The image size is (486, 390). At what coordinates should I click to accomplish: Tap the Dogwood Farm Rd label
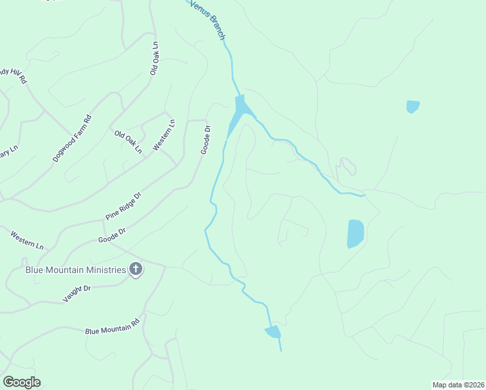tap(72, 138)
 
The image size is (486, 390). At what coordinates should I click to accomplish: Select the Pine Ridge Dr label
tap(123, 205)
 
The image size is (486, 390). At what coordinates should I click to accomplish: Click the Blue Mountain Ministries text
tap(75, 270)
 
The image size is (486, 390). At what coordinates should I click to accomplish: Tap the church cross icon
tap(136, 269)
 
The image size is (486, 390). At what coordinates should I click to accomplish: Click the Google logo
tap(21, 382)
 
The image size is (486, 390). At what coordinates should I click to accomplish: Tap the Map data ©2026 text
tap(458, 384)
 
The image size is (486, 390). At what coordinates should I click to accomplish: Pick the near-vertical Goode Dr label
tap(206, 140)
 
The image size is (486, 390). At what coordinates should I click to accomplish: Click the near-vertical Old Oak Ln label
tap(154, 59)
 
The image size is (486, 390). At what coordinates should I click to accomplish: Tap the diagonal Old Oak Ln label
tap(129, 142)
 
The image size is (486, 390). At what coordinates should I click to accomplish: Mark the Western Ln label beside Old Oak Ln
tap(164, 135)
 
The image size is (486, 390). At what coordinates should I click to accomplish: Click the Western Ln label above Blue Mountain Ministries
tap(27, 239)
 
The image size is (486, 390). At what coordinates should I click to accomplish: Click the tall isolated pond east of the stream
tap(355, 233)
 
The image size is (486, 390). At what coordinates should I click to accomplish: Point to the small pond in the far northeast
tap(413, 106)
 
